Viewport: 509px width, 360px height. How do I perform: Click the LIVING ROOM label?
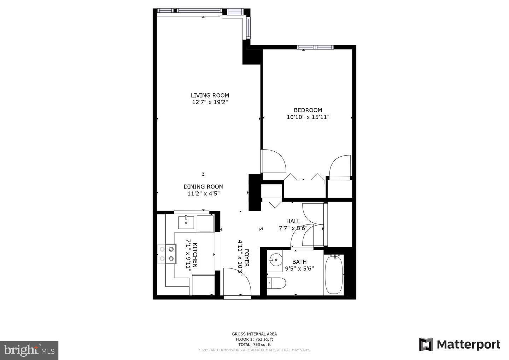(x=210, y=95)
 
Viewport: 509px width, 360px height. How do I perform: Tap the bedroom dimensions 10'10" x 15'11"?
(x=308, y=117)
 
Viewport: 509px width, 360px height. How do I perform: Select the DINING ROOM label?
(x=203, y=187)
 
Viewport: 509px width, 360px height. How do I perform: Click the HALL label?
(x=293, y=221)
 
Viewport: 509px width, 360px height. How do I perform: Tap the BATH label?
(x=299, y=262)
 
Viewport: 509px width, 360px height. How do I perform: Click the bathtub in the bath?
(x=334, y=275)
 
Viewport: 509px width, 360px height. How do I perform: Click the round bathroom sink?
(x=274, y=260)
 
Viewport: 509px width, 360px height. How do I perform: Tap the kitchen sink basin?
(x=186, y=222)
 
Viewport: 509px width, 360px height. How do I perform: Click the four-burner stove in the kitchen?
(x=167, y=254)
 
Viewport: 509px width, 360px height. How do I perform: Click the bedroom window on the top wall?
(x=315, y=47)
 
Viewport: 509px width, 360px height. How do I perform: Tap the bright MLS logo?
(x=29, y=350)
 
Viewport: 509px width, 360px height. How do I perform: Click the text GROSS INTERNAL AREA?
(x=254, y=334)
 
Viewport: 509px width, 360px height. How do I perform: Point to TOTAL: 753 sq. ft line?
(x=254, y=344)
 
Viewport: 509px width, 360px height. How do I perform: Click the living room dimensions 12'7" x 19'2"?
(x=210, y=102)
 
